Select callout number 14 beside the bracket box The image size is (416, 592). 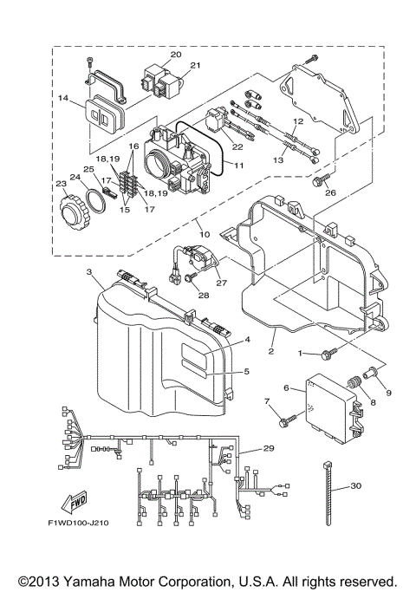62,100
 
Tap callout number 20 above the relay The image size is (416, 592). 175,54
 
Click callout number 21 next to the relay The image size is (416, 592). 195,65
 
